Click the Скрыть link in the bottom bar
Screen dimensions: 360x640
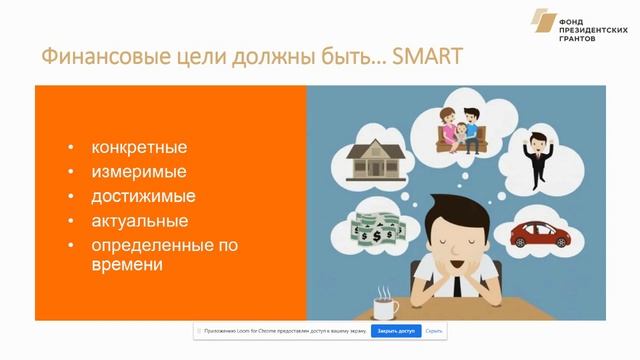tap(433, 330)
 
